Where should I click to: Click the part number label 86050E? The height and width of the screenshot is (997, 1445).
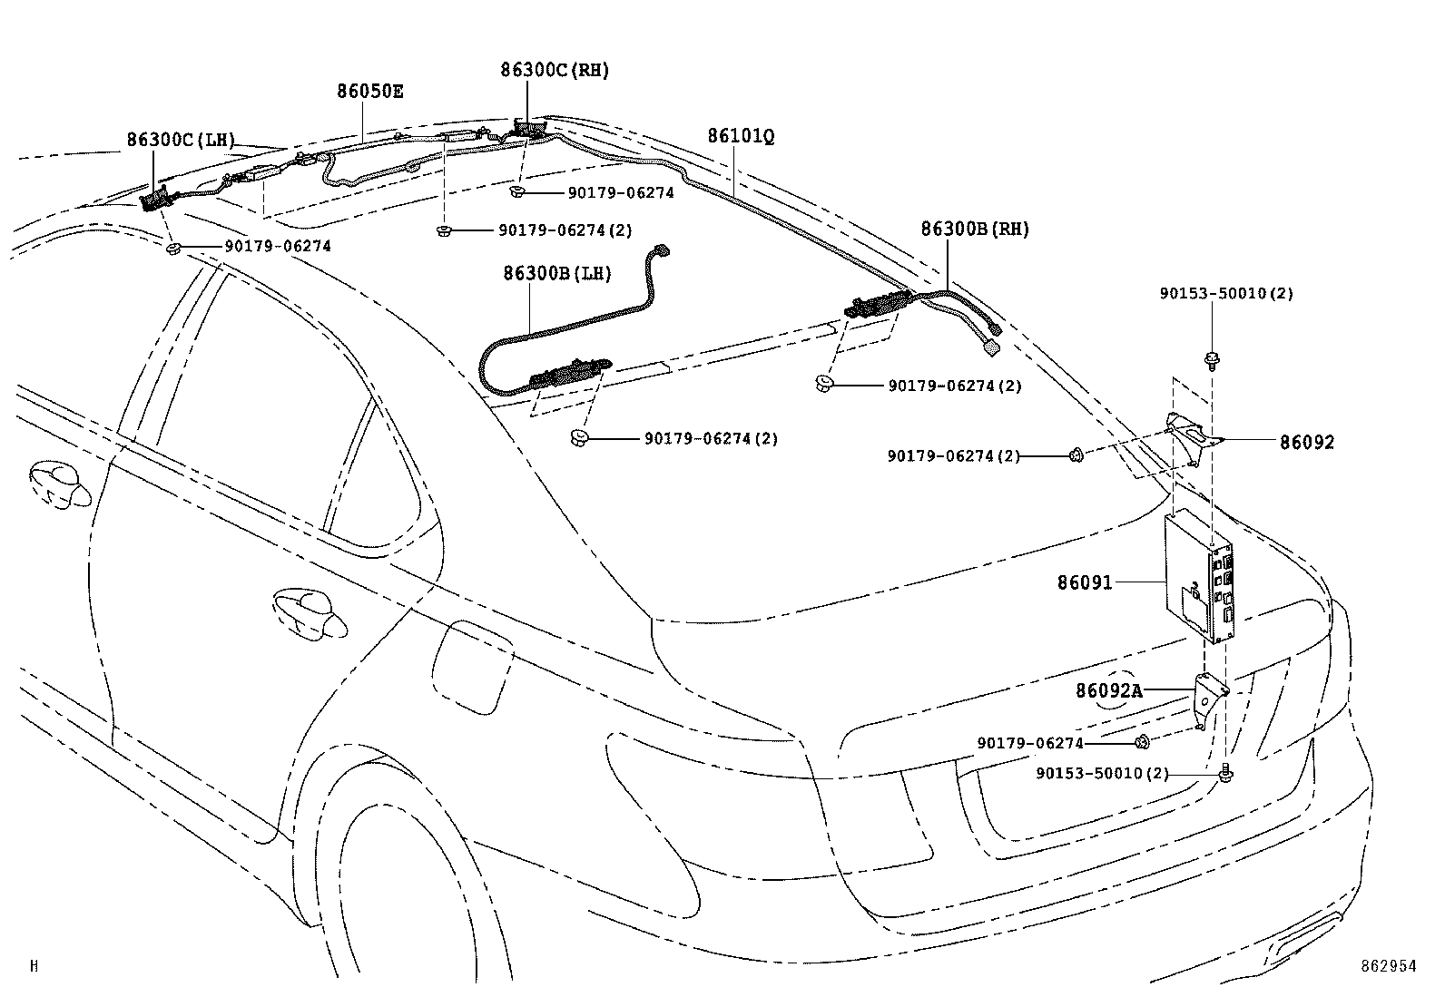coord(370,91)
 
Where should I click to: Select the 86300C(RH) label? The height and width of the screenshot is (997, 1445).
coord(554,70)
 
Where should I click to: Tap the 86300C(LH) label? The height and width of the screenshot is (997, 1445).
coord(181,140)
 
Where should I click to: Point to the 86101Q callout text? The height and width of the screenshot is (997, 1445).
coord(741,136)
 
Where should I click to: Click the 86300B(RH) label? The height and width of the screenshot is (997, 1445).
coord(975,230)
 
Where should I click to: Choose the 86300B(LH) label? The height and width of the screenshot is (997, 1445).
coord(557,273)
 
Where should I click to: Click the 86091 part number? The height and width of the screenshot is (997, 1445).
coord(1084,582)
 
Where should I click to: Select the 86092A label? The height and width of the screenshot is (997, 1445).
coord(1108,691)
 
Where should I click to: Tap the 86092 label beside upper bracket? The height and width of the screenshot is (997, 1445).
coord(1307,443)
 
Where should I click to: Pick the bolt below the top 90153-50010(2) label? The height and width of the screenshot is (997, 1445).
coord(1212,360)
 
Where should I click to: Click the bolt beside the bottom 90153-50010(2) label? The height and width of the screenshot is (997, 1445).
coord(1225,774)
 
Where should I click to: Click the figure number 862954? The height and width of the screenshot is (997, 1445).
coord(1387,966)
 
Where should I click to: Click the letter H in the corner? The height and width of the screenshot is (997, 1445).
coord(34,966)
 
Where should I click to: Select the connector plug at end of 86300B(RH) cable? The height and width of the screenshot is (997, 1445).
coord(992,346)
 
